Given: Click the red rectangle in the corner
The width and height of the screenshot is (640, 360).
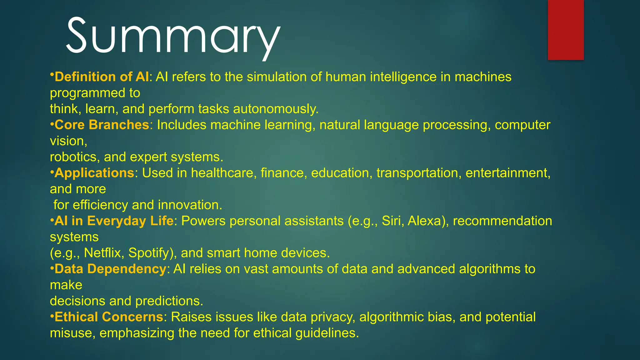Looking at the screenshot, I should (x=566, y=30).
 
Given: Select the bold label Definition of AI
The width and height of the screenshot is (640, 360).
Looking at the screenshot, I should (x=102, y=77).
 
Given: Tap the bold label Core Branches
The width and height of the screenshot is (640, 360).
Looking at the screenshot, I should (x=102, y=125).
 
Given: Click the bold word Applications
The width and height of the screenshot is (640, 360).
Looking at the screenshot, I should (x=94, y=173).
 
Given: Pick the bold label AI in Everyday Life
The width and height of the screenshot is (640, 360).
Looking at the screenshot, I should (x=114, y=221).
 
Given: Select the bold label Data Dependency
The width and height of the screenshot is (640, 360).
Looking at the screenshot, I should (x=110, y=269).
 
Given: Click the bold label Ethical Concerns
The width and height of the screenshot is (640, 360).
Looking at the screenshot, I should (x=109, y=317).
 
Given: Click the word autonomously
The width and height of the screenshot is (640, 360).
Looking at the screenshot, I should (x=275, y=109).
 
